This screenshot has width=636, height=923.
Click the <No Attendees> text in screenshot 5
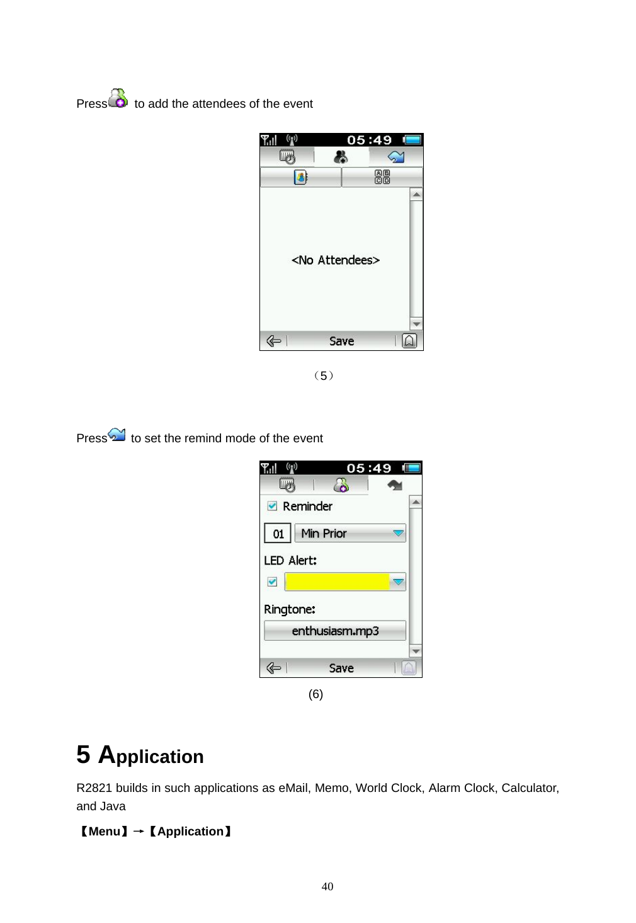click(336, 260)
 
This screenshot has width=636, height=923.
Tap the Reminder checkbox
click(272, 506)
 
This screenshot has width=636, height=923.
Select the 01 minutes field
click(278, 534)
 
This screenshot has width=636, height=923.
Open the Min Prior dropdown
click(398, 533)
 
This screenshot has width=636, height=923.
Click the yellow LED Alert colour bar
click(338, 582)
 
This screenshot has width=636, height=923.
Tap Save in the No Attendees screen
click(341, 341)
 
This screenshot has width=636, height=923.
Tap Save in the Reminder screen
click(341, 668)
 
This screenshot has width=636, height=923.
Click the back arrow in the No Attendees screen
click(273, 341)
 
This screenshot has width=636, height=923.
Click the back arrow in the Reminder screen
click(273, 668)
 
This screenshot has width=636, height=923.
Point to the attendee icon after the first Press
click(118, 98)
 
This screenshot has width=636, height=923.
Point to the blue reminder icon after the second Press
click(117, 434)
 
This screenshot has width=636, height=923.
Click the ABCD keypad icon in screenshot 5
click(382, 177)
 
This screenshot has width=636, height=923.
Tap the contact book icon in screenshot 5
click(300, 177)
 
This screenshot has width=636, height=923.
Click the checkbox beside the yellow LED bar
click(272, 582)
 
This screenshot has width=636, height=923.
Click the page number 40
click(327, 886)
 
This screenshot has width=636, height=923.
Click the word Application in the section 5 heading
click(151, 755)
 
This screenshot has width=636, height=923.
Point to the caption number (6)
click(315, 694)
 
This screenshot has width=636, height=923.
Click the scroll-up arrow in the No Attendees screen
click(416, 195)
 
